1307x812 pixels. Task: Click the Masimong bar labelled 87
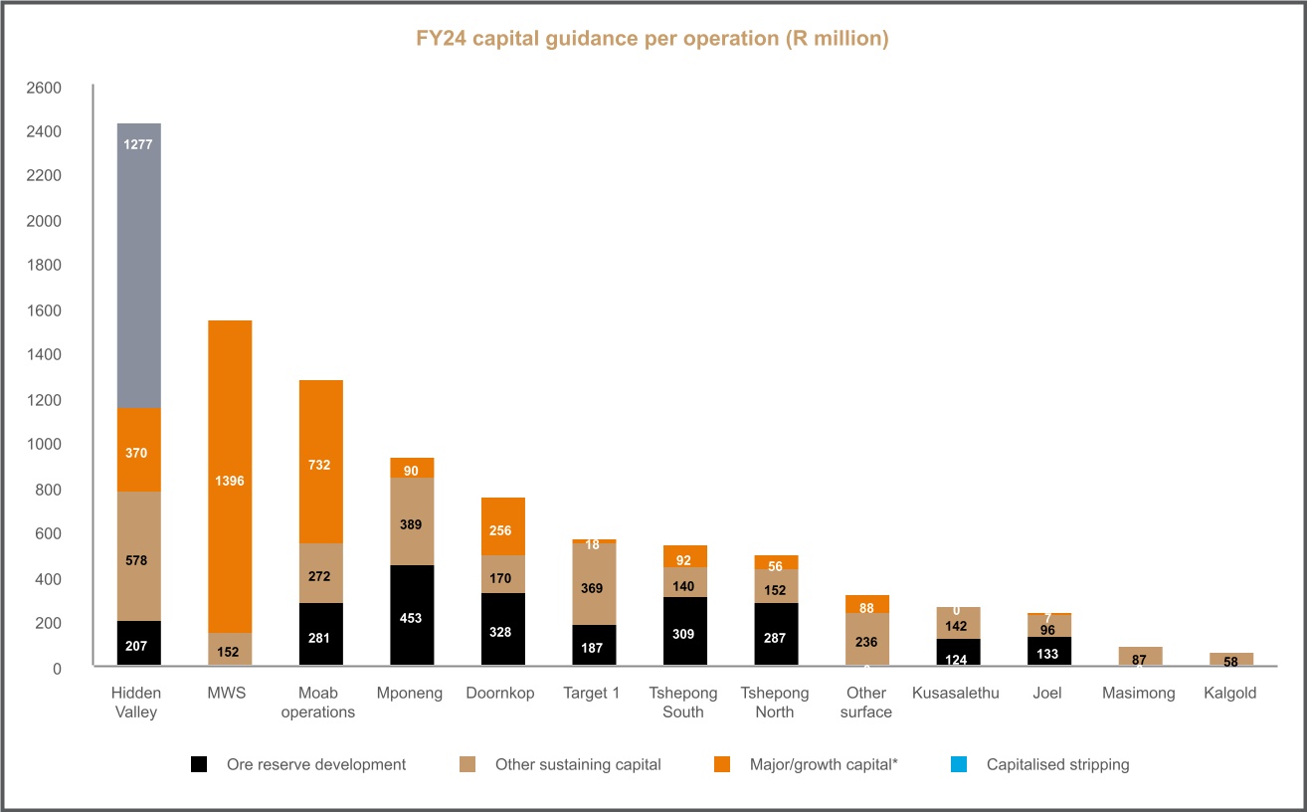pyautogui.click(x=1139, y=656)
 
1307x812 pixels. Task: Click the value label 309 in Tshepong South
pyautogui.click(x=683, y=634)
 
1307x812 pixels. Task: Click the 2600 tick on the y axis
pyautogui.click(x=45, y=88)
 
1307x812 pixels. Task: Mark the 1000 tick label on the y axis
pyautogui.click(x=45, y=445)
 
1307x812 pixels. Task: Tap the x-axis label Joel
pyautogui.click(x=1047, y=694)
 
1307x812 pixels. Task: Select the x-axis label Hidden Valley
pyautogui.click(x=136, y=703)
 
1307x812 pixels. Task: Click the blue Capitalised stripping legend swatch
pyautogui.click(x=958, y=765)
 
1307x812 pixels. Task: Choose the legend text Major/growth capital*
pyautogui.click(x=824, y=765)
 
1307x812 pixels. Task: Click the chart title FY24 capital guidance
pyautogui.click(x=652, y=40)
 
